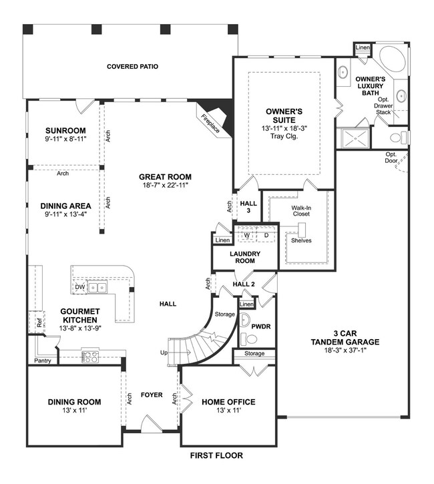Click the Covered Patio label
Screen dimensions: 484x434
[132, 67]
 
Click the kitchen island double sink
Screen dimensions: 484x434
[97, 288]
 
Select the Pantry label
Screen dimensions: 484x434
[42, 360]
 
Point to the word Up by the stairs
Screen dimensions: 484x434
[164, 352]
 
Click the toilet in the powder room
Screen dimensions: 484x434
[244, 319]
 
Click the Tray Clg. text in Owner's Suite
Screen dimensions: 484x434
[284, 136]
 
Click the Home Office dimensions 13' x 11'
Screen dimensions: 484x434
[229, 412]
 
